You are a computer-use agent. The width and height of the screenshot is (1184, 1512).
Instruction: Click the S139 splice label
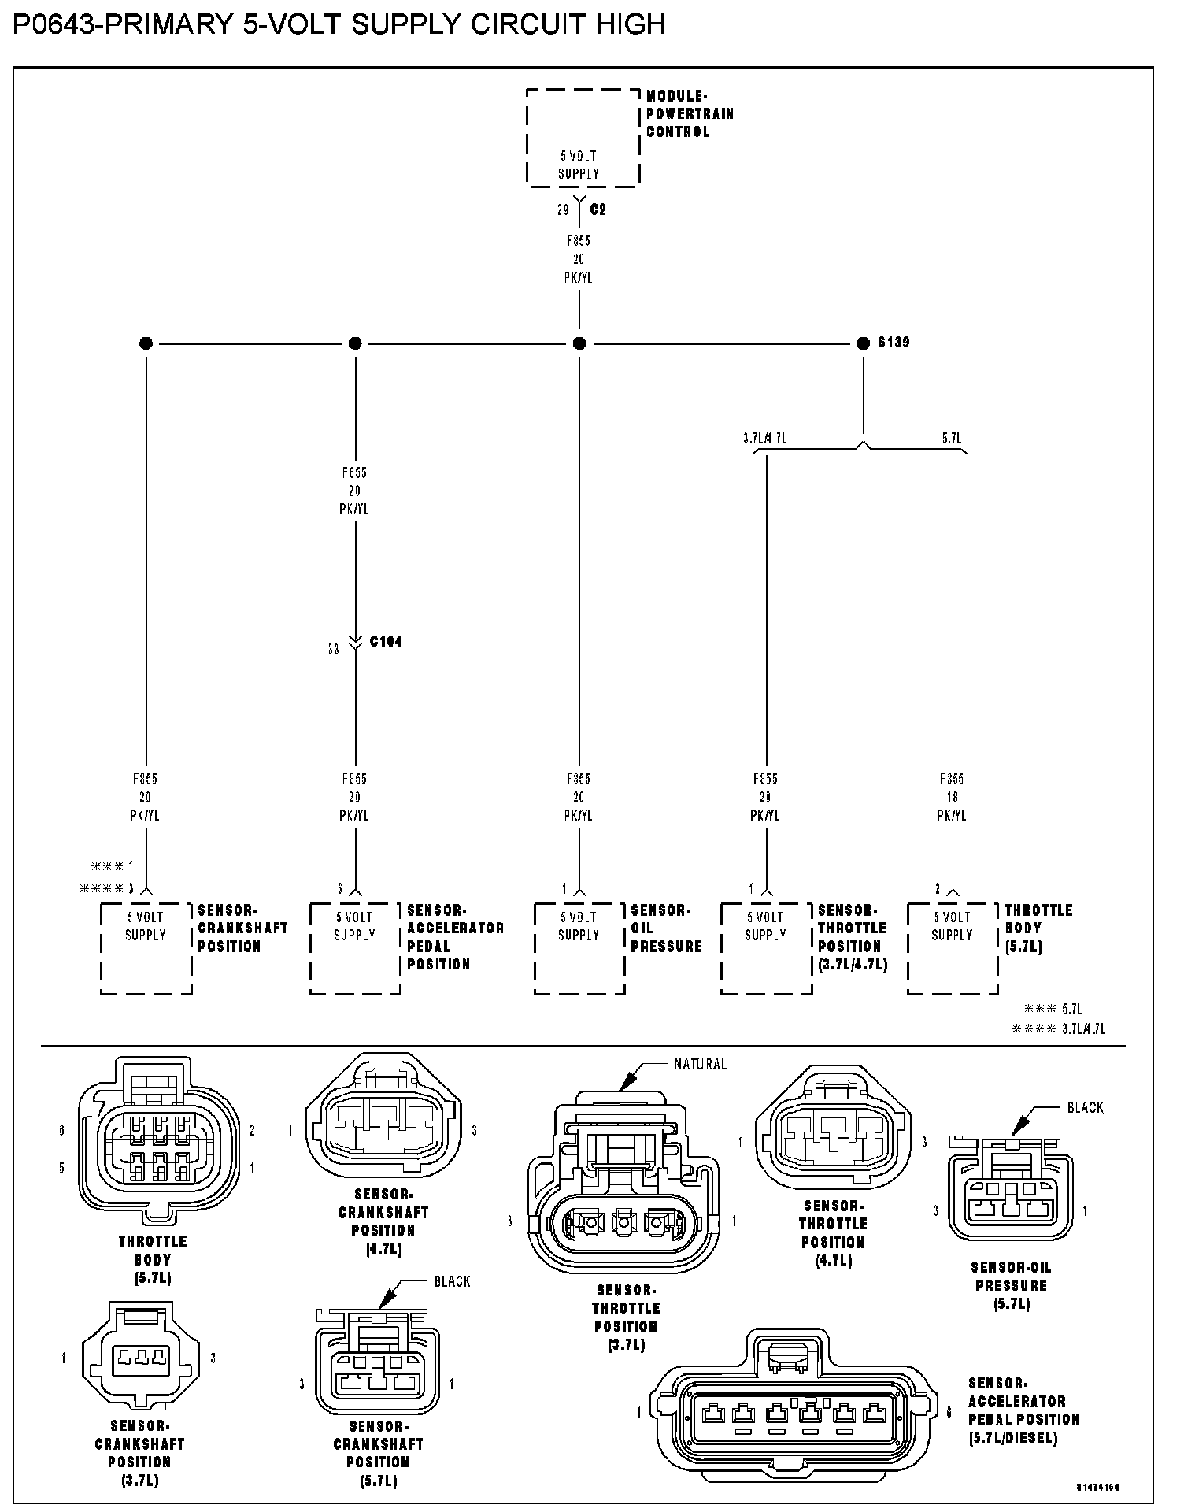click(894, 343)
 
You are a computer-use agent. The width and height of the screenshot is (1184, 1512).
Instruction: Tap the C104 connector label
click(386, 642)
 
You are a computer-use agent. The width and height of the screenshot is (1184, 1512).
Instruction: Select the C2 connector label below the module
click(598, 210)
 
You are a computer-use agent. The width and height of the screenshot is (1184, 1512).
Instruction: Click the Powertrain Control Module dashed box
click(583, 138)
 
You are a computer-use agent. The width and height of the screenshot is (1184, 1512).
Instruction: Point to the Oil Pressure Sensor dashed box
click(579, 948)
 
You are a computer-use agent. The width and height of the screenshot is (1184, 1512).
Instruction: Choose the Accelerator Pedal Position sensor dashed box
click(355, 948)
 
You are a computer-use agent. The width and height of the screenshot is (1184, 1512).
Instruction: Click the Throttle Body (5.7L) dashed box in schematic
click(953, 948)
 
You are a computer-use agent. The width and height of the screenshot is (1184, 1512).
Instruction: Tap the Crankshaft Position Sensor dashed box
click(146, 948)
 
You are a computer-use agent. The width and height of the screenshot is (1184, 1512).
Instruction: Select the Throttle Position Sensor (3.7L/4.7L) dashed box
click(766, 948)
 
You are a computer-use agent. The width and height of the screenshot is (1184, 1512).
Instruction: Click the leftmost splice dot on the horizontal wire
click(146, 343)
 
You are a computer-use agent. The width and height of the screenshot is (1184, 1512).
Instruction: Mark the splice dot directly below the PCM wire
click(579, 343)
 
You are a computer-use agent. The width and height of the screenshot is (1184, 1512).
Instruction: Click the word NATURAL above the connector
click(700, 1065)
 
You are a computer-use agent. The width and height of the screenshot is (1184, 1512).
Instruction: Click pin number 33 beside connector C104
click(334, 650)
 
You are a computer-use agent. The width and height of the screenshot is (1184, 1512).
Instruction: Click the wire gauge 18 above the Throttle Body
click(953, 797)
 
